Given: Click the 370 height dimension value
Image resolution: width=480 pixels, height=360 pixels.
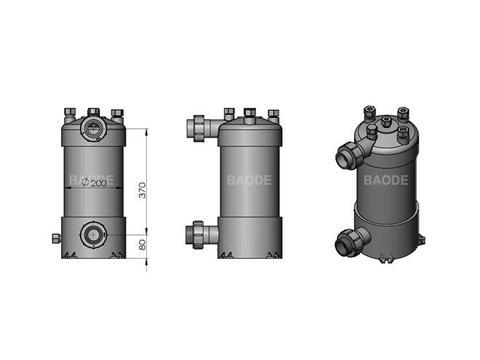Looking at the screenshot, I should [143, 191].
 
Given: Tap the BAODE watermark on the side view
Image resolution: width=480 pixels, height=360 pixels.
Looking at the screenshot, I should [249, 180].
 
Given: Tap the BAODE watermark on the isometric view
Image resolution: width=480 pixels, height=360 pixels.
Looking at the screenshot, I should [385, 180].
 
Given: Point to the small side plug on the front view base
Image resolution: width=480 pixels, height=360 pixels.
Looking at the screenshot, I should [55, 238].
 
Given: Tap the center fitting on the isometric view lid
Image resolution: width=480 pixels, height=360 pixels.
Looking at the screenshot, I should [386, 122].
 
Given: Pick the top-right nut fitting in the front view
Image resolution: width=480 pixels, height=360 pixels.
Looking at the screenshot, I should [117, 113].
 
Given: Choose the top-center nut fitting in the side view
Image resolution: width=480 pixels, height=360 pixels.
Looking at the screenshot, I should [249, 113].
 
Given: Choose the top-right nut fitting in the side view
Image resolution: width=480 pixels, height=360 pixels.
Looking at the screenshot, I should [273, 113].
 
